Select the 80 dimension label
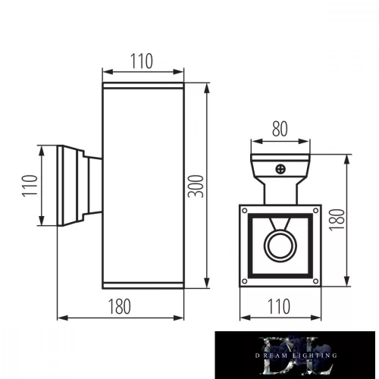pos(280,129)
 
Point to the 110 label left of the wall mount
pos(29,186)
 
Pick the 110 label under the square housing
pos(279,306)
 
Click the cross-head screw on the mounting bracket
pos(280,171)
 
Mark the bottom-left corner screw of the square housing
pos(245,283)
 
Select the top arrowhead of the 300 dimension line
pos(207,86)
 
